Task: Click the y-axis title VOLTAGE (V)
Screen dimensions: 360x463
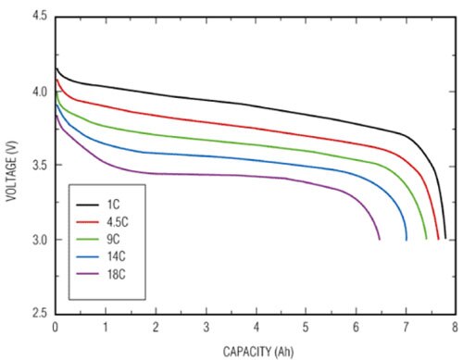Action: click(x=11, y=165)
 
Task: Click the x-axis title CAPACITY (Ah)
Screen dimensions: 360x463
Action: click(x=255, y=351)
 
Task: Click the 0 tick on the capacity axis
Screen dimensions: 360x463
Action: click(x=56, y=328)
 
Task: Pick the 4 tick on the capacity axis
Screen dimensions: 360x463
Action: click(x=256, y=328)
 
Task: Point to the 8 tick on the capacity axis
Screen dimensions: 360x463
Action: click(x=456, y=328)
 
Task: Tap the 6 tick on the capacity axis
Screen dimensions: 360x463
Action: click(x=356, y=328)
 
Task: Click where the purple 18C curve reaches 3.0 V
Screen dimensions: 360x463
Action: click(x=380, y=239)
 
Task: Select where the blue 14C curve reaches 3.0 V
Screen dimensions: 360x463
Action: click(x=407, y=239)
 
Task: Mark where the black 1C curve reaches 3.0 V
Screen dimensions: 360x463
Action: click(x=445, y=239)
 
